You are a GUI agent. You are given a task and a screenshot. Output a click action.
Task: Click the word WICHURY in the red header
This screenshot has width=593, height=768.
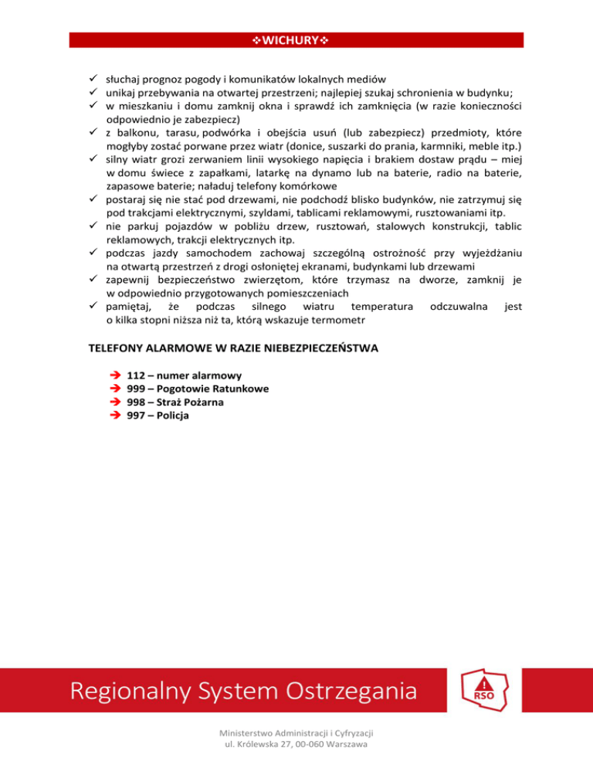(296, 39)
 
